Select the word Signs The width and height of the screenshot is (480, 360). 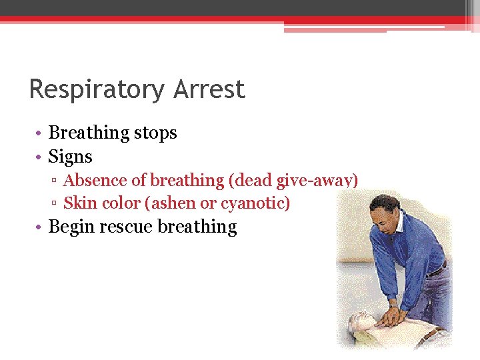click(x=70, y=157)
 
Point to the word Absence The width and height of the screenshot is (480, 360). click(x=91, y=180)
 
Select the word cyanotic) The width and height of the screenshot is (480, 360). click(x=255, y=203)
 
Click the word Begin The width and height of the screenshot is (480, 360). click(x=71, y=227)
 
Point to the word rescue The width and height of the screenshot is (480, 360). click(x=126, y=227)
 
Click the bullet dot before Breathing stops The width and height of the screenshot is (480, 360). click(x=40, y=133)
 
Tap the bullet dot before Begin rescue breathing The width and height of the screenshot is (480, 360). click(x=40, y=227)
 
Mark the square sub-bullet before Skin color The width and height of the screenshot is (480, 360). click(x=56, y=203)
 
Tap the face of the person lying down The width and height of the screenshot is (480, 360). click(x=360, y=321)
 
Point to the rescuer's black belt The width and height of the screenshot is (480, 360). click(x=437, y=270)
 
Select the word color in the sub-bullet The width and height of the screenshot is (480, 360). click(x=119, y=203)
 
